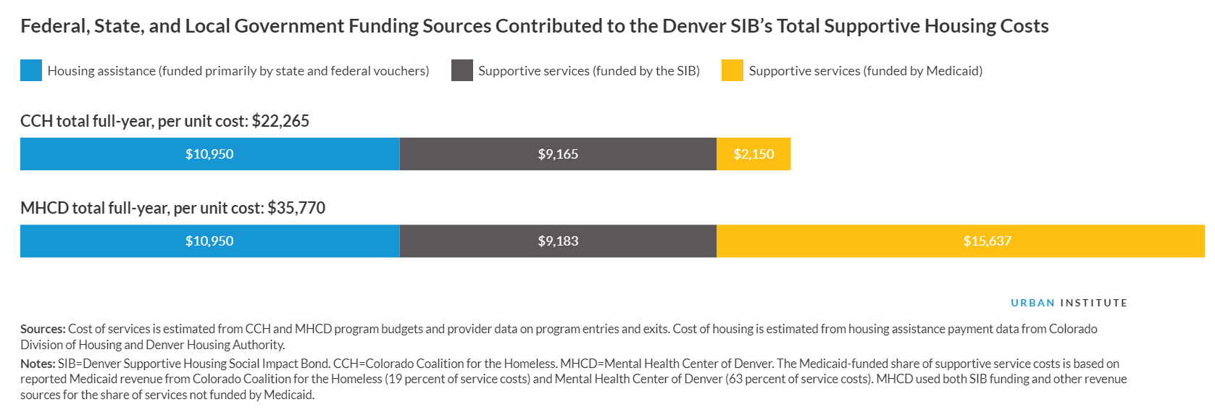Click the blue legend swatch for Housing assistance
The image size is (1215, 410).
31,70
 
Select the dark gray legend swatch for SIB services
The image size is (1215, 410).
462,70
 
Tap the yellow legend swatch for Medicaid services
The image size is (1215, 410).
732,70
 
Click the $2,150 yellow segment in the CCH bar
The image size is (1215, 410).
753,154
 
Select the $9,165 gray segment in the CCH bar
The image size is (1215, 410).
558,154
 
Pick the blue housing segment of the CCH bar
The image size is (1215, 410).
209,154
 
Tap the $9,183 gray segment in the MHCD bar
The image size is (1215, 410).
558,241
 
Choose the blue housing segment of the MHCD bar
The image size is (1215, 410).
209,241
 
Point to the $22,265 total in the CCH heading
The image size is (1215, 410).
280,121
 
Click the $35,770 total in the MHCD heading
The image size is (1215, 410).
296,208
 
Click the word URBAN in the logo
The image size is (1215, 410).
1032,303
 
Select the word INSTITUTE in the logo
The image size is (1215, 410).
1094,303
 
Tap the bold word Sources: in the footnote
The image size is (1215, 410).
43,329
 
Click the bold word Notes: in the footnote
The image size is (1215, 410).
38,364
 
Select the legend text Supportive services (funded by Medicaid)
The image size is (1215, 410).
866,71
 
